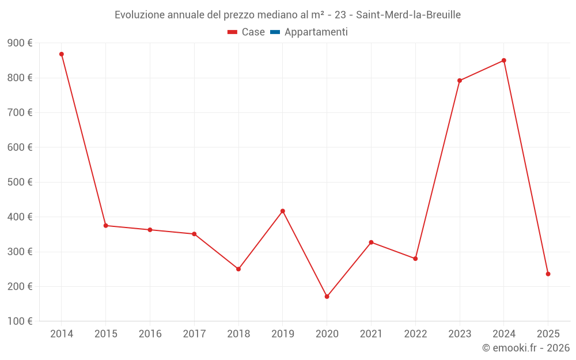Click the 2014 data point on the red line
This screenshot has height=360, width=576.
pyautogui.click(x=62, y=54)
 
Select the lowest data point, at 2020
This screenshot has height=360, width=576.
pyautogui.click(x=327, y=297)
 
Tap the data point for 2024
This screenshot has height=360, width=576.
pyautogui.click(x=503, y=60)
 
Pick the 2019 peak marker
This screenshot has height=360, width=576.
pyautogui.click(x=283, y=211)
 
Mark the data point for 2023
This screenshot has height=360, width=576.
pyautogui.click(x=460, y=81)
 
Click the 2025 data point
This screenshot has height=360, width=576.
pyautogui.click(x=548, y=274)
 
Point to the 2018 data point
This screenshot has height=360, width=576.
pyautogui.click(x=238, y=269)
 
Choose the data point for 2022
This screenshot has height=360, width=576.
pyautogui.click(x=415, y=259)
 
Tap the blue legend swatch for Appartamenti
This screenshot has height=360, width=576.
pyautogui.click(x=275, y=32)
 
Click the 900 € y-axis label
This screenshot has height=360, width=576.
pyautogui.click(x=20, y=43)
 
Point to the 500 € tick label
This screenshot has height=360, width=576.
pyautogui.click(x=20, y=182)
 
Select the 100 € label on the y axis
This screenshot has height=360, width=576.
pyautogui.click(x=20, y=321)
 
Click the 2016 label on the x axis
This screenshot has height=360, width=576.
pyautogui.click(x=150, y=334)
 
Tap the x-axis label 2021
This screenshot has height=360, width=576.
pyautogui.click(x=371, y=334)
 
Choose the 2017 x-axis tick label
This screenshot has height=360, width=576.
pyautogui.click(x=194, y=334)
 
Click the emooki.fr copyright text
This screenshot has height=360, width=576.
pyautogui.click(x=525, y=348)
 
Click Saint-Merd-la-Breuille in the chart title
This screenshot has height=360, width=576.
pyautogui.click(x=408, y=15)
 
